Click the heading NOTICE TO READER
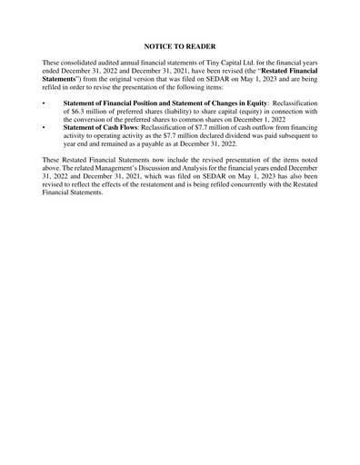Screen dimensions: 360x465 [x=180, y=44]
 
